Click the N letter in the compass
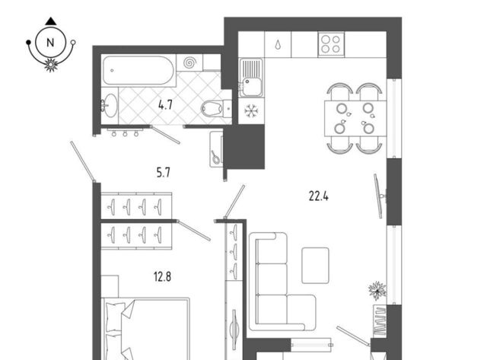pos(50,43)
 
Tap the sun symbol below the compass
pos(51,65)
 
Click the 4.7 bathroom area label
pos(165,105)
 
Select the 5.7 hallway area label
pos(164,172)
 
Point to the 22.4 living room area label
pos(319,196)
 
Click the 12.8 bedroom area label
pos(162,276)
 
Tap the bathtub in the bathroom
pos(138,70)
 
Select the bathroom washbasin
pos(110,105)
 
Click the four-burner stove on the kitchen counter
pos(331,44)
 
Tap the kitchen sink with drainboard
pos(251,78)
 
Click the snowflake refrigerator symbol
pos(251,111)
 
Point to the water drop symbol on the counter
pos(278,45)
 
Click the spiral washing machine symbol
pos(189,62)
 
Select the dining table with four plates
pos(355,118)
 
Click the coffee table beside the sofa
pos(315,266)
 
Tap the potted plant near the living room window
pos(377,291)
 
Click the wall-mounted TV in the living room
pos(379,196)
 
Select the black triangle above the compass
pos(51,21)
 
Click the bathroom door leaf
pos(165,135)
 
